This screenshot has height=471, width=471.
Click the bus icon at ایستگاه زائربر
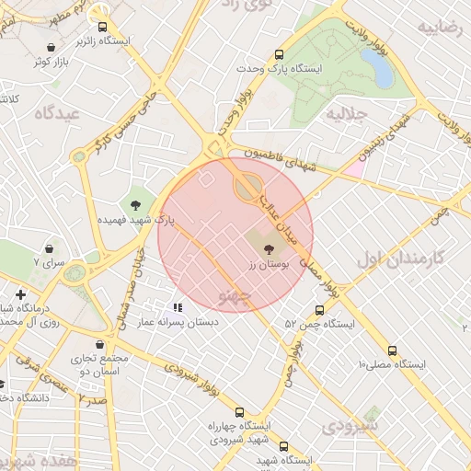click(102, 27)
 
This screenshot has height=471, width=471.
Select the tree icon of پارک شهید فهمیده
click(136, 204)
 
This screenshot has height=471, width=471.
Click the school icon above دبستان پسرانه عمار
click(178, 307)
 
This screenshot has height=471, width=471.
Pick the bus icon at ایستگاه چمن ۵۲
click(319, 310)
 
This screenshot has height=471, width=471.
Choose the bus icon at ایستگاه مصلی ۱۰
click(393, 350)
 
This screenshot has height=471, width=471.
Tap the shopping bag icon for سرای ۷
click(49, 248)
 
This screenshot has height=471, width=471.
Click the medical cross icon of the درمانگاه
click(20, 294)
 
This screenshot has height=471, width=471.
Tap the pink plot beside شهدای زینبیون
click(353, 167)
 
